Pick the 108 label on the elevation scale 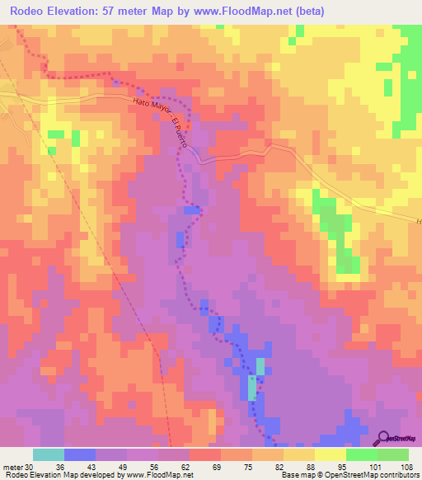pos(406,467)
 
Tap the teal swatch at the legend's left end pos(48,454)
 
